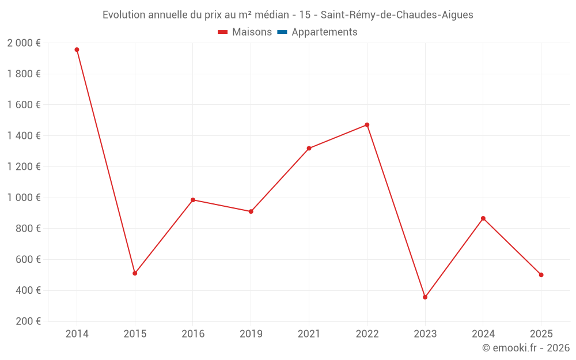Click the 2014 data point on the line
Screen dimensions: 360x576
pos(77,50)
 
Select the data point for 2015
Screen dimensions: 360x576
pos(135,273)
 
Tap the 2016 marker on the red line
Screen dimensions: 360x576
pos(193,200)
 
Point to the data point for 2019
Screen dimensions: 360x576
pos(251,211)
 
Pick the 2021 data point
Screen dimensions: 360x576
pos(309,148)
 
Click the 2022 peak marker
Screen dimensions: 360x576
pos(367,125)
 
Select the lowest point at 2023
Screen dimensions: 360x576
pos(425,297)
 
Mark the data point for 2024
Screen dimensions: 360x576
pos(483,218)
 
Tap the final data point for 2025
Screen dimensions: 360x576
pos(541,275)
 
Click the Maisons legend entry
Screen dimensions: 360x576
pos(245,32)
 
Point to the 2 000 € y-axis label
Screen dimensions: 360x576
pos(24,43)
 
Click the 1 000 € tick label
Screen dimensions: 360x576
pos(24,198)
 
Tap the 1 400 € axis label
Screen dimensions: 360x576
pos(24,136)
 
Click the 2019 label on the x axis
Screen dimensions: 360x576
pos(251,334)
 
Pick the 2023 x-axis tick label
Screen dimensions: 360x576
pos(425,334)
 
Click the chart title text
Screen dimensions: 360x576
pos(287,15)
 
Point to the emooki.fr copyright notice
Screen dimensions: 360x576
pos(525,348)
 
